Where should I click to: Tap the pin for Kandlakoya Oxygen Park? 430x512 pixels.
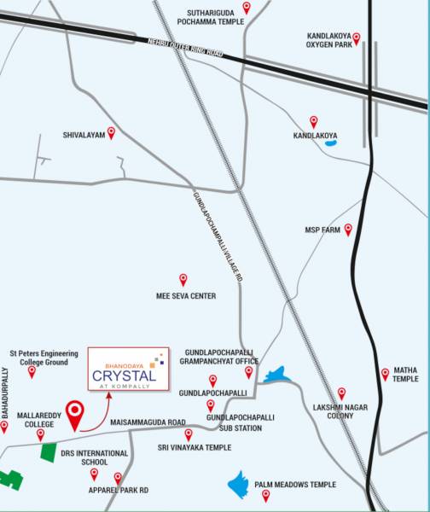[x=357, y=38]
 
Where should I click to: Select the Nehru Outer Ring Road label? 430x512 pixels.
[x=184, y=49]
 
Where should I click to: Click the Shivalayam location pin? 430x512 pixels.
[x=110, y=132]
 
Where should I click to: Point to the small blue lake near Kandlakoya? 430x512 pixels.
[x=331, y=144]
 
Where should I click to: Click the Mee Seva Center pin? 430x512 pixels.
[x=183, y=279]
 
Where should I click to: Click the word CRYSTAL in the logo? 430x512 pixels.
[x=124, y=375]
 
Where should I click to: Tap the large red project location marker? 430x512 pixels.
[x=76, y=412]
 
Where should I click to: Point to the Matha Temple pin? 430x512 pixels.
[x=386, y=361]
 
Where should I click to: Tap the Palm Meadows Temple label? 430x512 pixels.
[x=294, y=485]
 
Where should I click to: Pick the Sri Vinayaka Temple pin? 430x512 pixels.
[x=189, y=433]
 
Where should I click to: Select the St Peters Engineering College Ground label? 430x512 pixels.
[x=44, y=357]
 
